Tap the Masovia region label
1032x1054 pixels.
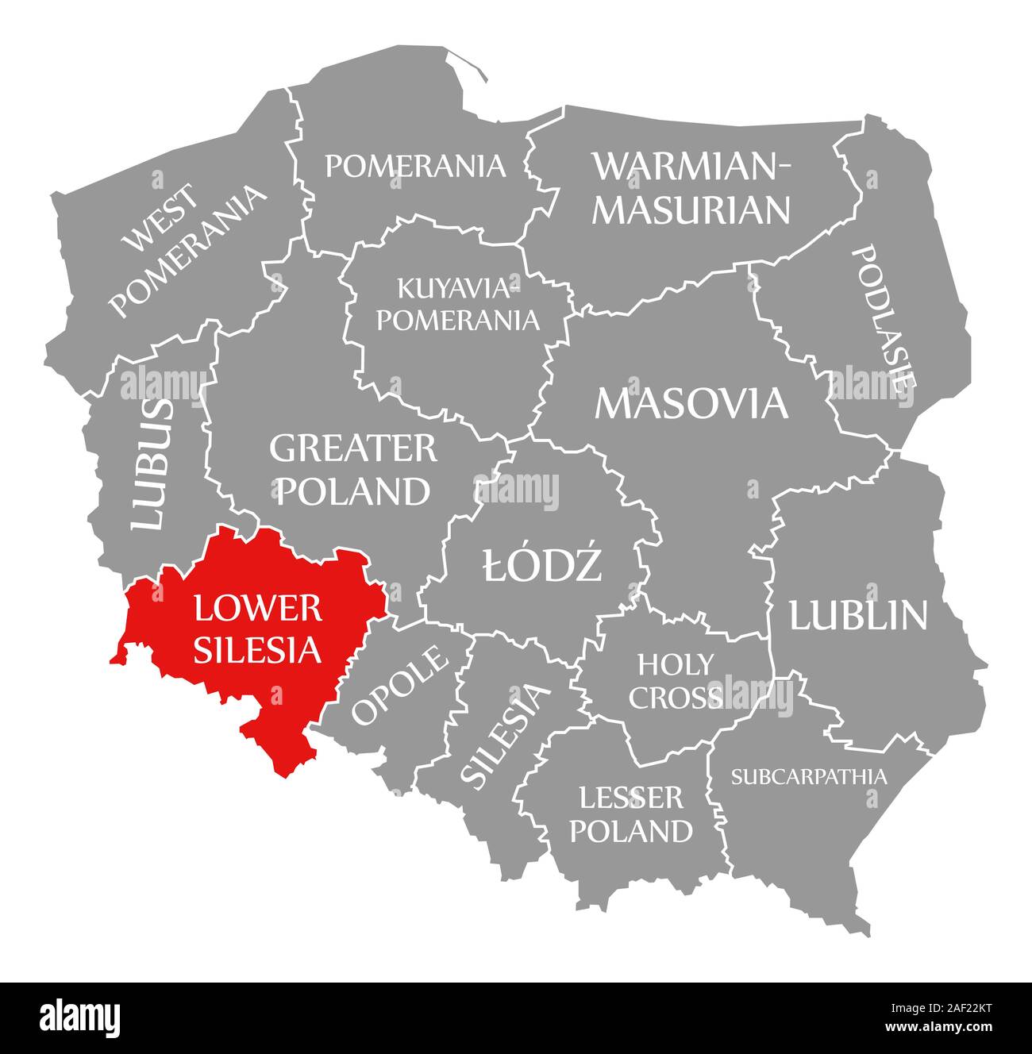point(691,403)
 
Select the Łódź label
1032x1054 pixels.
point(542,567)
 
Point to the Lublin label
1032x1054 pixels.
point(857,615)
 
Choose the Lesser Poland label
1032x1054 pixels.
point(631,814)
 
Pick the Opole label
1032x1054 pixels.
point(399,686)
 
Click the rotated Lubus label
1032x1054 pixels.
point(151,465)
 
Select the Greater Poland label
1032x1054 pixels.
point(352,470)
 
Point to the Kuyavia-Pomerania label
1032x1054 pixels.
point(457,303)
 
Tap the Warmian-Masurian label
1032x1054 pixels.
point(692,188)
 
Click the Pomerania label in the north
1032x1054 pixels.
point(415,166)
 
